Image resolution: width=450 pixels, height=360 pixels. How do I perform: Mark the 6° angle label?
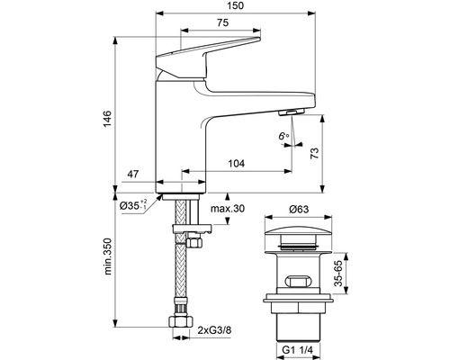(283, 136)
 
